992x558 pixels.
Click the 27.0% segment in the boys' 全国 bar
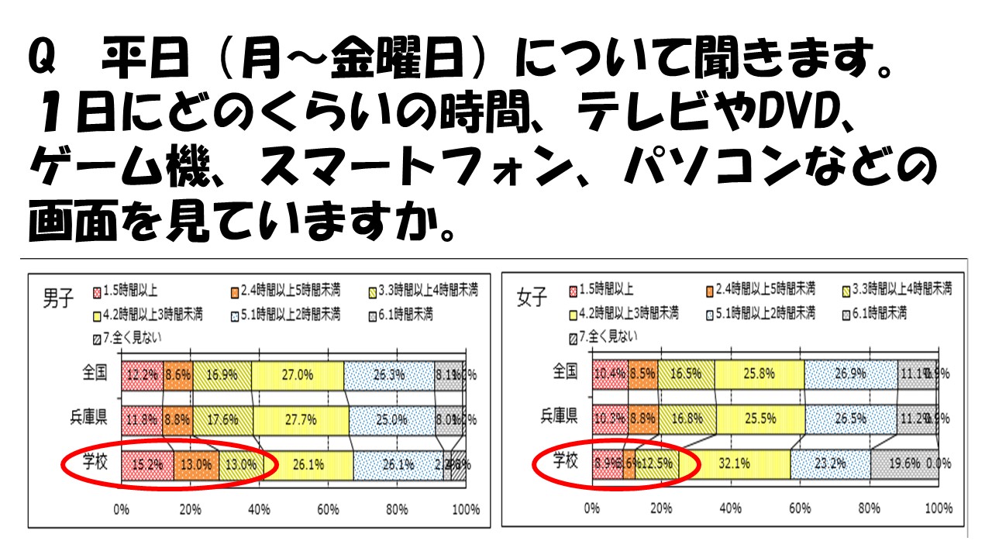point(298,375)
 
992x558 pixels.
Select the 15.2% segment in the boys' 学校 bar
point(147,465)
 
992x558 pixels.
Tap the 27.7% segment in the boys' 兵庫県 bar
point(301,419)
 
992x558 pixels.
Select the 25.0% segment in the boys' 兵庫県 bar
point(391,419)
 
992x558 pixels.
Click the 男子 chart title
point(57,298)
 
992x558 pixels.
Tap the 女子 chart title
point(532,298)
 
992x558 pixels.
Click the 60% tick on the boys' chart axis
point(328,510)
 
